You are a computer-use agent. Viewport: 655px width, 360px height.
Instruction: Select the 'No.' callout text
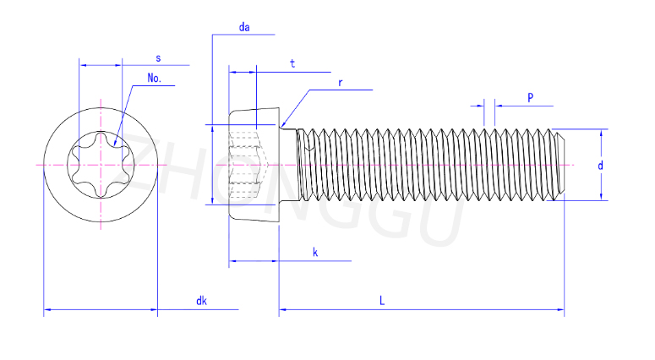point(154,78)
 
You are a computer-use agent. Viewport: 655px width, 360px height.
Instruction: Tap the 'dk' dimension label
point(201,301)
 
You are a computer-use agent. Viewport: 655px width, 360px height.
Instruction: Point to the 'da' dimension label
point(244,27)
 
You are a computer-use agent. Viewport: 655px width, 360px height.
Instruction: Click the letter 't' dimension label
point(292,63)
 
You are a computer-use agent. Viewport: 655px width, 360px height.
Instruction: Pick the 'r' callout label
point(340,83)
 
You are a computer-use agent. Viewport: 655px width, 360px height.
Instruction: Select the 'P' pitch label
point(530,97)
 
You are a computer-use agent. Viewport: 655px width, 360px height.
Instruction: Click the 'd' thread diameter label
point(600,166)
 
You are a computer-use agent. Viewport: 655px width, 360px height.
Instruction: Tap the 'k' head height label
point(314,253)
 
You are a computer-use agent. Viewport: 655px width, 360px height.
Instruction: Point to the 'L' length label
point(382,301)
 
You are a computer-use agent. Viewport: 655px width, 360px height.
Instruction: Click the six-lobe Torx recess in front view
point(101,164)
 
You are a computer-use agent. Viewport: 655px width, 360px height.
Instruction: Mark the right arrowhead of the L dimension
point(560,311)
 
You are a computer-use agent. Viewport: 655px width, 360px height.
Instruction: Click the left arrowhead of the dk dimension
point(47,311)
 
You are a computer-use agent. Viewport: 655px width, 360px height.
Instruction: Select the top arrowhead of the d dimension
point(603,132)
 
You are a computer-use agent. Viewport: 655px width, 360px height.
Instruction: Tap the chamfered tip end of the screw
point(559,165)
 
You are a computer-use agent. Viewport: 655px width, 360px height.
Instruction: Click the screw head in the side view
point(254,165)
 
